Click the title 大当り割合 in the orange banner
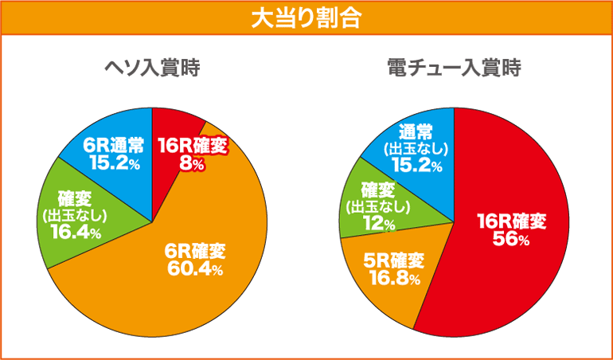tap(306, 18)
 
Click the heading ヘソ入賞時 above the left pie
tap(152, 69)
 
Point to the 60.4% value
tap(194, 268)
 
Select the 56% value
tap(510, 240)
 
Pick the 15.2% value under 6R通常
tap(113, 162)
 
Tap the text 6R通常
tap(113, 146)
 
